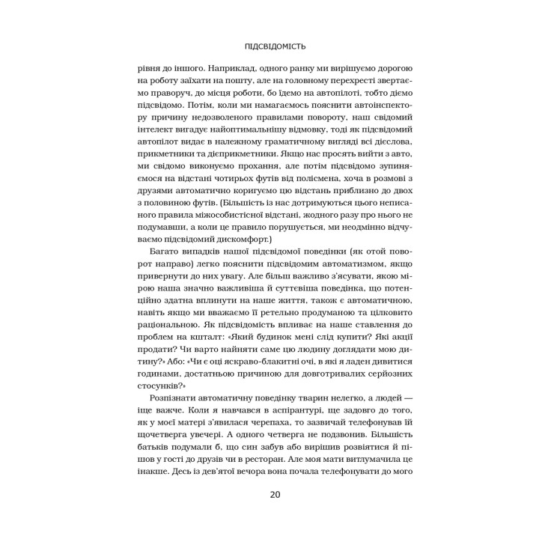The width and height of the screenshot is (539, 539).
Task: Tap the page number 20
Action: tap(269, 494)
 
